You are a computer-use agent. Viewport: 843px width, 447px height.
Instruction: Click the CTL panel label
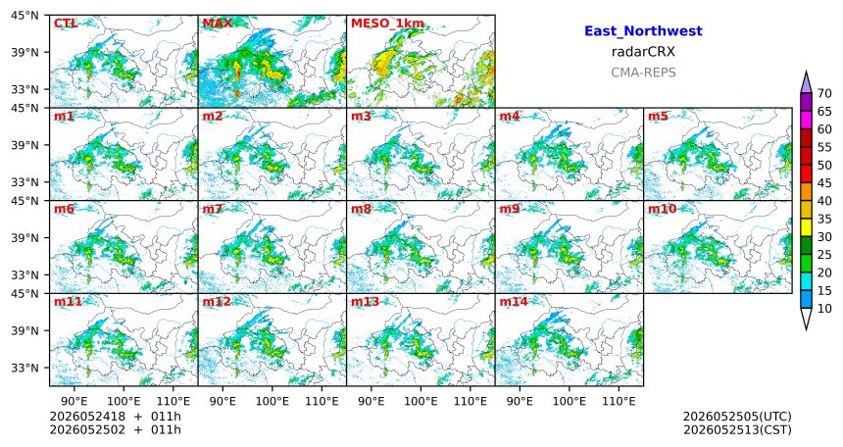coord(66,24)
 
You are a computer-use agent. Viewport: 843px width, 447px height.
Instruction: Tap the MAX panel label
coord(218,24)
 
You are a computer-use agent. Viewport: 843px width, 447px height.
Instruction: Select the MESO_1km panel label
coord(387,25)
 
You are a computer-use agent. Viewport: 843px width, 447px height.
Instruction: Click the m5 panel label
coord(658,117)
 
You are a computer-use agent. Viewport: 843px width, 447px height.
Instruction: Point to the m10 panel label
coord(662,209)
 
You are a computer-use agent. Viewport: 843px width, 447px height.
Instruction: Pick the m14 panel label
coord(514,302)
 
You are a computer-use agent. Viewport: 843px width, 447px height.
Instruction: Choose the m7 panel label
coord(213,209)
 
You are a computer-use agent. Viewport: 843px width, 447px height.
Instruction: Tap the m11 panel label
coord(68,302)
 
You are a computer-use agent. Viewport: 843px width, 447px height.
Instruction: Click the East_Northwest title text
coord(643,31)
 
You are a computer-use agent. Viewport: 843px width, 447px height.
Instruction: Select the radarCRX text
coord(643,52)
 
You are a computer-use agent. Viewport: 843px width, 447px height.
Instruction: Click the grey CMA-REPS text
coord(643,73)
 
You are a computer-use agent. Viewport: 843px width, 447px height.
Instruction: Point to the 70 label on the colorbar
coord(824,93)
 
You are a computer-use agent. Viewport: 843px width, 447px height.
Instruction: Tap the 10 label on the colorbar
coord(824,308)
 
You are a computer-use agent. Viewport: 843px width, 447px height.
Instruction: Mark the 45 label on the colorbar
coord(824,183)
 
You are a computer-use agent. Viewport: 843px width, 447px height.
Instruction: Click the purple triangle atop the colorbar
coord(806,82)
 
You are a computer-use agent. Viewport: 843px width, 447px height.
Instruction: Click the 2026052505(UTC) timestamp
coord(737,417)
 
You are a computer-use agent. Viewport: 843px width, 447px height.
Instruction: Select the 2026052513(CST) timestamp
coord(737,429)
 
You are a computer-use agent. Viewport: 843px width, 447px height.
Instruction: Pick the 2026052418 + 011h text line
coord(115,417)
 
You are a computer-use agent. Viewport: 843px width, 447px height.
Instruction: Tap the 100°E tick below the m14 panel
coord(569,401)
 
